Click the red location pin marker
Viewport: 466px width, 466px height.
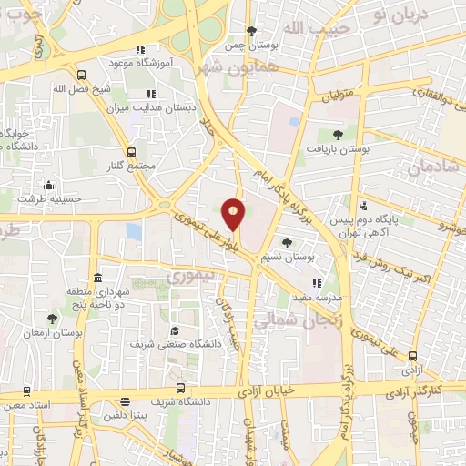pyautogui.click(x=234, y=214)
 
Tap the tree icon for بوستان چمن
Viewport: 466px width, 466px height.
pyautogui.click(x=251, y=31)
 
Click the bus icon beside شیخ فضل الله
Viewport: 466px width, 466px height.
pyautogui.click(x=82, y=76)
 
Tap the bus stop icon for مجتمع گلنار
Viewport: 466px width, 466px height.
pyautogui.click(x=131, y=152)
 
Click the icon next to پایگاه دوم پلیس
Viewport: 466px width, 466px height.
pyautogui.click(x=363, y=205)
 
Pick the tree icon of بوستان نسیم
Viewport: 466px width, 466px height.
pyautogui.click(x=288, y=243)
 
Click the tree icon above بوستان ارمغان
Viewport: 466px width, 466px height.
pyautogui.click(x=51, y=319)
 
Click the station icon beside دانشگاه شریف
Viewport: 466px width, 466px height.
pyautogui.click(x=125, y=401)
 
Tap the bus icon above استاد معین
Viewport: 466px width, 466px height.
pyautogui.click(x=26, y=389)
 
